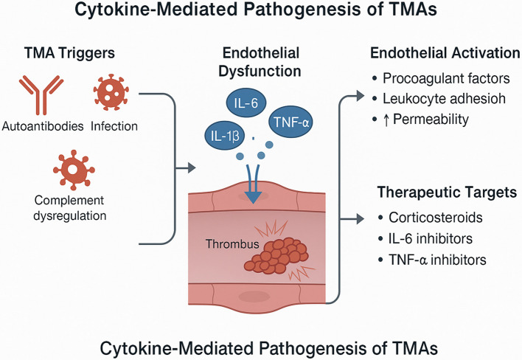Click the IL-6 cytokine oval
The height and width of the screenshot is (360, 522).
pos(246,103)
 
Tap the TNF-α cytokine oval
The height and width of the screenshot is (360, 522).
pos(290,122)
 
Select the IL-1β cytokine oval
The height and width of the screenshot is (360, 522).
pos(225,136)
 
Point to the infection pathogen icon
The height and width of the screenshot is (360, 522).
pos(111,92)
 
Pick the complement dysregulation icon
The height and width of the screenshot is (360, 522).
pos(74,170)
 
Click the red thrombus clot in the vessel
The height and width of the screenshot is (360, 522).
pos(276,255)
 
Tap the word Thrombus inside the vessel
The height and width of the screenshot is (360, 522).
pos(232,244)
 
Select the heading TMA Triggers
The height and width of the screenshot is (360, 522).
pos(69,53)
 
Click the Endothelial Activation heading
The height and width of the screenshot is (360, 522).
pos(445,53)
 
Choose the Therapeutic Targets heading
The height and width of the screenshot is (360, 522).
pos(447,192)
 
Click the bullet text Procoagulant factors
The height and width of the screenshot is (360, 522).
pos(446,79)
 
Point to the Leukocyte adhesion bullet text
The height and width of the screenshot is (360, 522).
pos(444,99)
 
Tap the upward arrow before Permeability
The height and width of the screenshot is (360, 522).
pos(386,120)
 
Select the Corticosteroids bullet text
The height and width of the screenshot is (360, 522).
pos(436,218)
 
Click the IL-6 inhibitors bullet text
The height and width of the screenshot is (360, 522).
pos(431,238)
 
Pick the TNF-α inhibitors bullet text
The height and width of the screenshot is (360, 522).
pos(437,260)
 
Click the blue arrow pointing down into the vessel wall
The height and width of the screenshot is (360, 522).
pos(254,183)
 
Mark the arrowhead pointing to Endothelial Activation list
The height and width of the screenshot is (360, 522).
pos(361,96)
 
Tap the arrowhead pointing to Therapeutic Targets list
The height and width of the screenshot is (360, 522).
pos(361,219)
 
